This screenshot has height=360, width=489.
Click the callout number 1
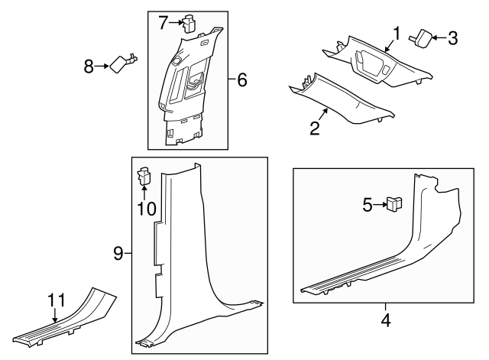pyautogui.click(x=397, y=33)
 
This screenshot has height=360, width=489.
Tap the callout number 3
pyautogui.click(x=452, y=37)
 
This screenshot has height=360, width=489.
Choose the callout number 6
pyautogui.click(x=241, y=79)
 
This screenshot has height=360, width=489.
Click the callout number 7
pyautogui.click(x=163, y=23)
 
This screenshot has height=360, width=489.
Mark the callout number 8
pyautogui.click(x=89, y=66)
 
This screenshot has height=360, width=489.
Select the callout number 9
pyautogui.click(x=118, y=254)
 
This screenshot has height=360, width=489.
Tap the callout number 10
pyautogui.click(x=144, y=209)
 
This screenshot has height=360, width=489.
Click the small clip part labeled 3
pyautogui.click(x=423, y=37)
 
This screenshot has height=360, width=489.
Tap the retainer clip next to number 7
pyautogui.click(x=189, y=22)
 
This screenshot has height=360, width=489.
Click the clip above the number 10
pyautogui.click(x=144, y=178)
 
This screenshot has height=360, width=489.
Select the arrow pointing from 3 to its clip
pyautogui.click(x=439, y=37)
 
